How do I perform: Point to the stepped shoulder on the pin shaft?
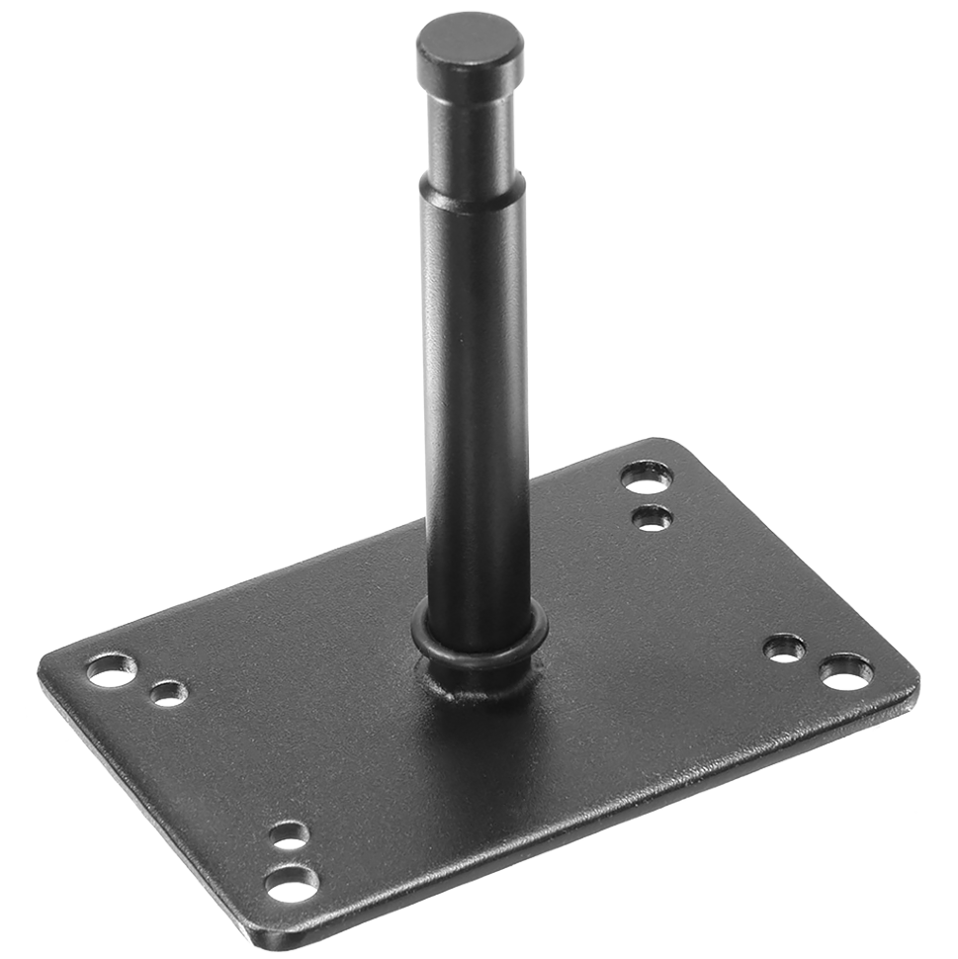pyautogui.click(x=471, y=190)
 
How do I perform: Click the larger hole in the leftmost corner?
pyautogui.click(x=108, y=670)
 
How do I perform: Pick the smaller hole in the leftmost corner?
pyautogui.click(x=167, y=693)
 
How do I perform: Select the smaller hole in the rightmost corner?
pyautogui.click(x=785, y=650)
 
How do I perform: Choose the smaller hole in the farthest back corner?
pyautogui.click(x=652, y=516)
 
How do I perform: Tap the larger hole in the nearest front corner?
pyautogui.click(x=290, y=880)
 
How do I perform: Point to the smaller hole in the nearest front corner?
pyautogui.click(x=291, y=836)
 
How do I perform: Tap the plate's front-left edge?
pyautogui.click(x=138, y=791)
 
